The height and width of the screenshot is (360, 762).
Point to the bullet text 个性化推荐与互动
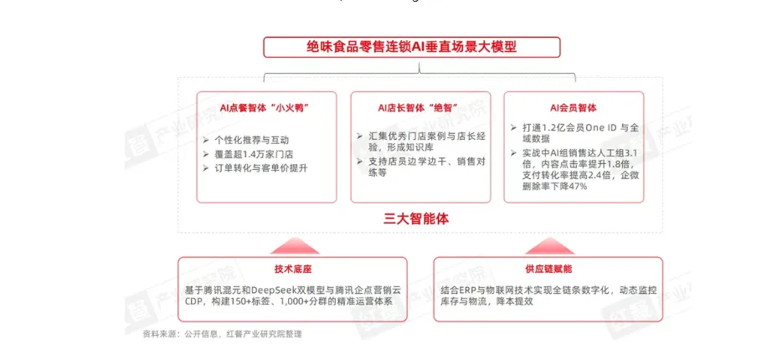click(x=252, y=139)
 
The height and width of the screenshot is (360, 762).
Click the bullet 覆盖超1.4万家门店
click(x=253, y=154)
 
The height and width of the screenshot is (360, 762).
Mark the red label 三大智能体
click(x=416, y=219)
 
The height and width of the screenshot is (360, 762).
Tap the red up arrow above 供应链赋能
click(x=548, y=245)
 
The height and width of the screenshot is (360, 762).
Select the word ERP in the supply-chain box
click(x=480, y=289)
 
